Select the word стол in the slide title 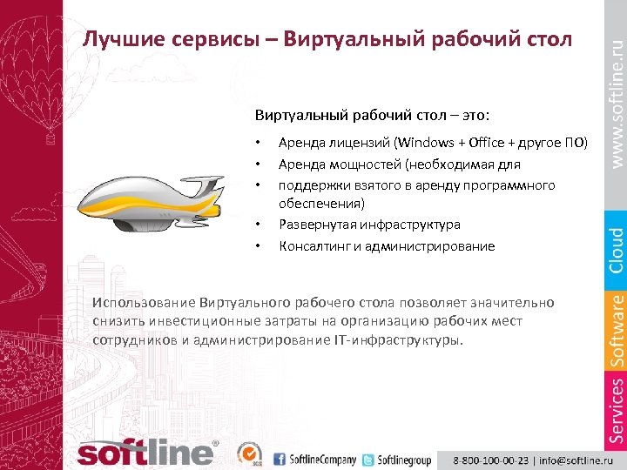546,40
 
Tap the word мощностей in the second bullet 359,164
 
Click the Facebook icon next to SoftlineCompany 280,459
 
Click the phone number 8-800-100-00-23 489,459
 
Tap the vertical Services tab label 615,409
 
